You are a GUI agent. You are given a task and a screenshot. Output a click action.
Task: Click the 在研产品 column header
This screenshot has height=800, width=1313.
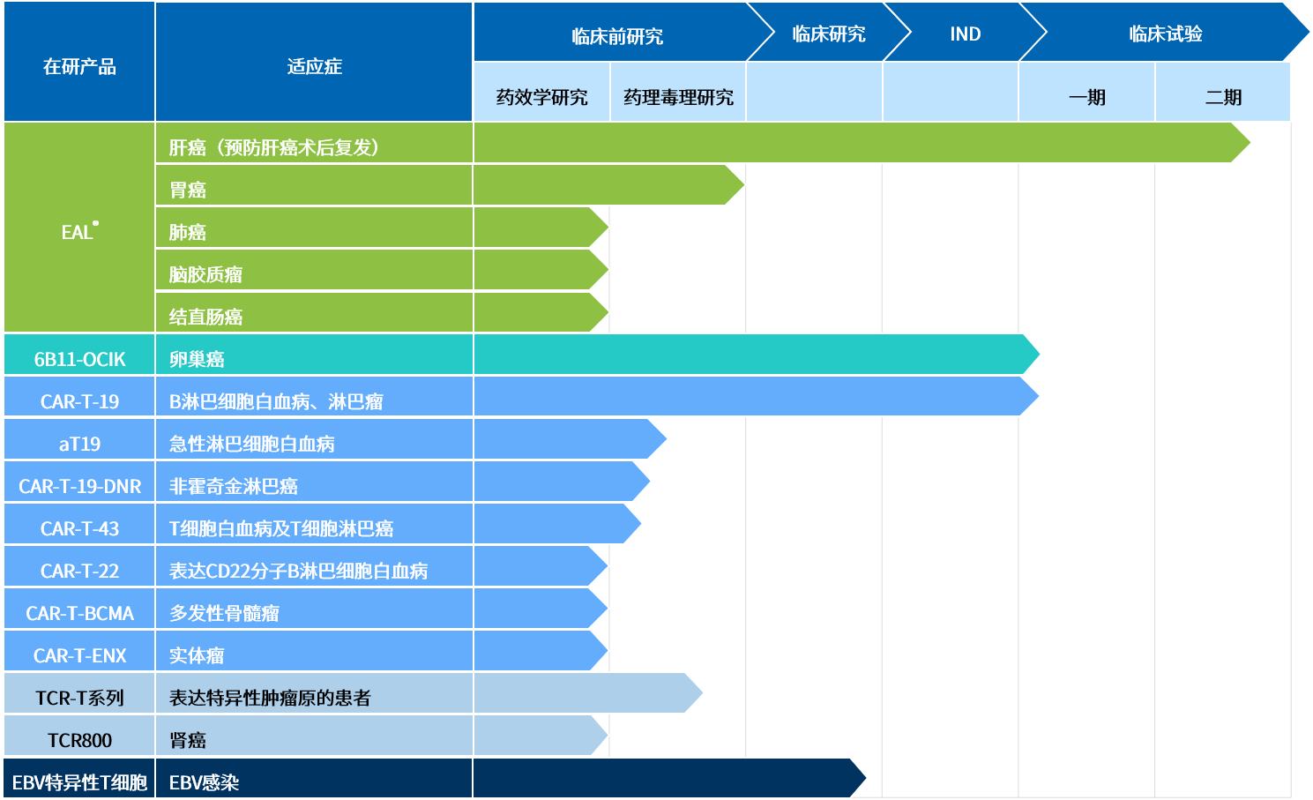(x=79, y=67)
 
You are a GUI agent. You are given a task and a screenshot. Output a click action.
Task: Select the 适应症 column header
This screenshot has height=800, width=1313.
(x=314, y=67)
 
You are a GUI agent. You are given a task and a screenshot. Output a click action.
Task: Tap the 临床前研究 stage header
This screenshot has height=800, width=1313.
(x=617, y=36)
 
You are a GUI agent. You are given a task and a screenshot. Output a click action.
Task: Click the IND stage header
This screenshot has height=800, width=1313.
(x=965, y=34)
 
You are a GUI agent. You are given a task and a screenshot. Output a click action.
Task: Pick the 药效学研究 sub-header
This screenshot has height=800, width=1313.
(x=541, y=97)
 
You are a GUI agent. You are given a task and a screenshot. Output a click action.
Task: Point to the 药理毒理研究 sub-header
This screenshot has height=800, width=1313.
(x=678, y=97)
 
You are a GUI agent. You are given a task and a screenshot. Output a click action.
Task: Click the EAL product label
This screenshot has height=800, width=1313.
(x=79, y=231)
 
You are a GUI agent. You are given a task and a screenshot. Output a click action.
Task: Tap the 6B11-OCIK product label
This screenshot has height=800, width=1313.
(x=79, y=359)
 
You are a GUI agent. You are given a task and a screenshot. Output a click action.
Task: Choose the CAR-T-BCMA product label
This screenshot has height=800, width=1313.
(x=79, y=613)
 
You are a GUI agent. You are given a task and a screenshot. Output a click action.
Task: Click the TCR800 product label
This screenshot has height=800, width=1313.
(x=79, y=740)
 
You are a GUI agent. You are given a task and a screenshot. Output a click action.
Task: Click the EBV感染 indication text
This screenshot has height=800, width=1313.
(x=204, y=782)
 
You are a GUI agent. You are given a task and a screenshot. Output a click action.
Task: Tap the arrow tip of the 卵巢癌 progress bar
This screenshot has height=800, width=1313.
(x=1040, y=355)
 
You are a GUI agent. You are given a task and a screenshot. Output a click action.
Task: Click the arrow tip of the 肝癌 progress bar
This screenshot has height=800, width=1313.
(x=1250, y=143)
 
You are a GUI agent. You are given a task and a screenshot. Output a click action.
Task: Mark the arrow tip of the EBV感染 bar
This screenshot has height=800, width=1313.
(x=866, y=778)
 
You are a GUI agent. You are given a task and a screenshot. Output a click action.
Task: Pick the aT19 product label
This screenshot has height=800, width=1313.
(x=79, y=444)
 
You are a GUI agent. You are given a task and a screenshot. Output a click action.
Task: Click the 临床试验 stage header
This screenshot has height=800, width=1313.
(x=1165, y=34)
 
